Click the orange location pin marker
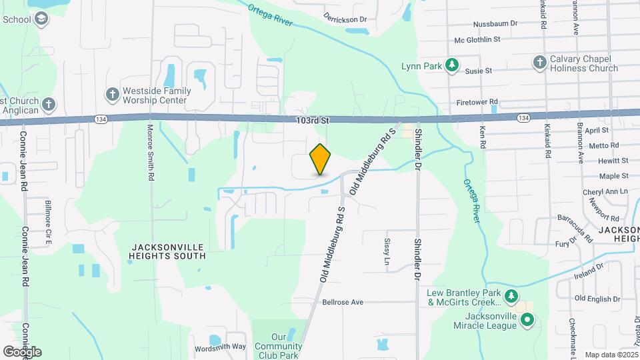(x=321, y=160)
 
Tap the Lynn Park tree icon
(x=453, y=65)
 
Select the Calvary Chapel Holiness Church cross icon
(x=540, y=62)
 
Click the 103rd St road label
(x=313, y=121)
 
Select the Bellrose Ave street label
(x=342, y=302)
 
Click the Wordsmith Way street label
(x=220, y=347)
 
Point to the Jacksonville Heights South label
(x=169, y=251)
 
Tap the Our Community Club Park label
(x=287, y=346)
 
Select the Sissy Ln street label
(x=386, y=251)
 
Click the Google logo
(x=22, y=351)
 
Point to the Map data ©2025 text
(x=610, y=355)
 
